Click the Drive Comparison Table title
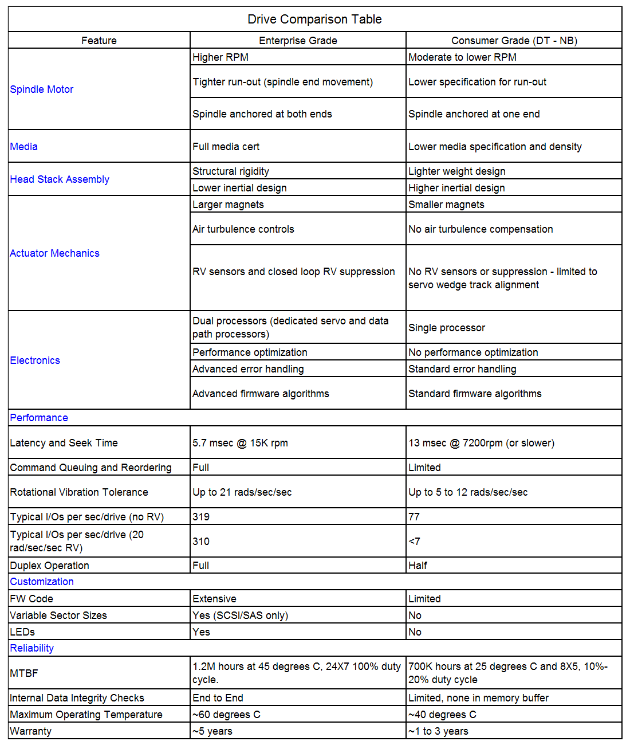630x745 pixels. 314,19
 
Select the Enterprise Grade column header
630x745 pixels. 298,41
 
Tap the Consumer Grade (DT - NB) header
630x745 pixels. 514,41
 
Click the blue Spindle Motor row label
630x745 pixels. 42,89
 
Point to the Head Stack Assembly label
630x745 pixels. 60,179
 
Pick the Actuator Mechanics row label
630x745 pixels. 55,253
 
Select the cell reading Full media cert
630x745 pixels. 226,147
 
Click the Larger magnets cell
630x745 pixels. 229,205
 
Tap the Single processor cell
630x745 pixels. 447,328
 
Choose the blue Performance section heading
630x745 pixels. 39,418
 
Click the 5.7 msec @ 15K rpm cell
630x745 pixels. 241,443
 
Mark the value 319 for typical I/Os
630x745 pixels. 201,517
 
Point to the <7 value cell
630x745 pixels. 414,542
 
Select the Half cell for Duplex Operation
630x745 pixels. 418,566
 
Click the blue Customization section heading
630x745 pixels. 42,582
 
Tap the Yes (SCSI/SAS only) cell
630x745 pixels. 241,615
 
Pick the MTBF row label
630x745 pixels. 24,673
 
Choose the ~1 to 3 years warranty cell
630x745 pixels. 438,731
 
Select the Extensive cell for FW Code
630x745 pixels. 215,599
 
